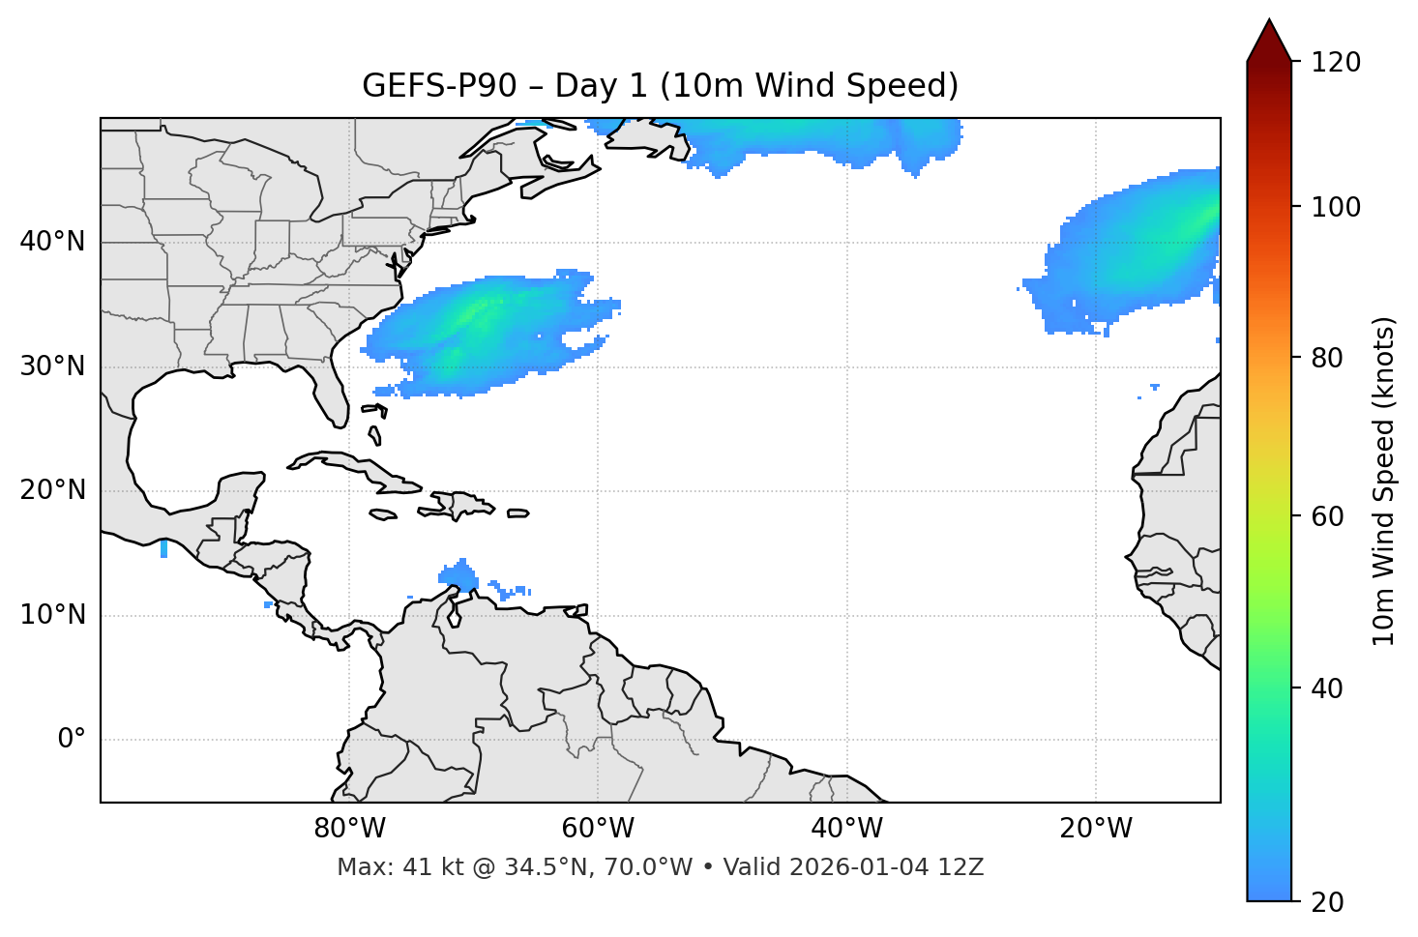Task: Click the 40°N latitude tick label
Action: (x=52, y=242)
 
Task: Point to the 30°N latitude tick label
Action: (x=52, y=366)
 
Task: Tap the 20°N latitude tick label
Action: (x=52, y=490)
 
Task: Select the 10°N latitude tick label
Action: (x=52, y=615)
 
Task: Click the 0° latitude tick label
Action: (x=72, y=740)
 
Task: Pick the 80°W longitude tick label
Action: (x=349, y=829)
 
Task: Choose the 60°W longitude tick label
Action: (x=598, y=829)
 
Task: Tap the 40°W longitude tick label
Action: (x=847, y=829)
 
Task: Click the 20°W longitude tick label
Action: (x=1096, y=829)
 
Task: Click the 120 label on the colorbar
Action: (x=1336, y=63)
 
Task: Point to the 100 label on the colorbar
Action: (x=1336, y=207)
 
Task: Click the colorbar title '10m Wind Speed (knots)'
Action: (x=1384, y=482)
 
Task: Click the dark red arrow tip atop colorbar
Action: (x=1269, y=39)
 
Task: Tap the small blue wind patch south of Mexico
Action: (x=163, y=548)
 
